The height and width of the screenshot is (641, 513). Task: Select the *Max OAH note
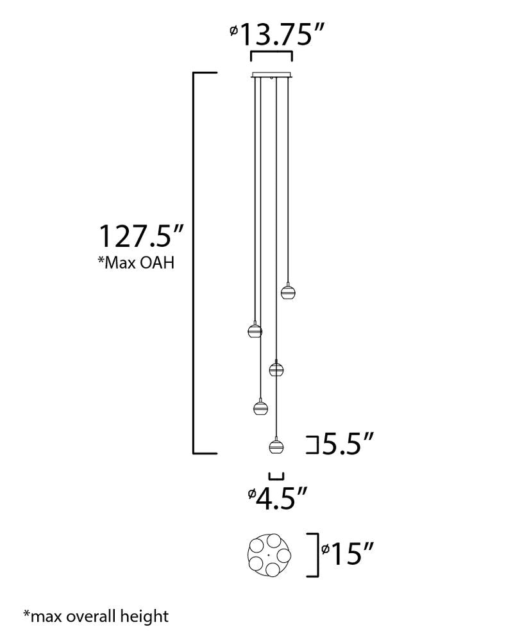pos(136,262)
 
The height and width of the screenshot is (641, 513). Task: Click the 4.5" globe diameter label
pos(278,497)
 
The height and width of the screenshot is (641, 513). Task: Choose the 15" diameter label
pos(348,554)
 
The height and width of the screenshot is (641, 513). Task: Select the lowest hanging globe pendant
pos(276,446)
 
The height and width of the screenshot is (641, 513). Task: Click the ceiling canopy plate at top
pos(272,74)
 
